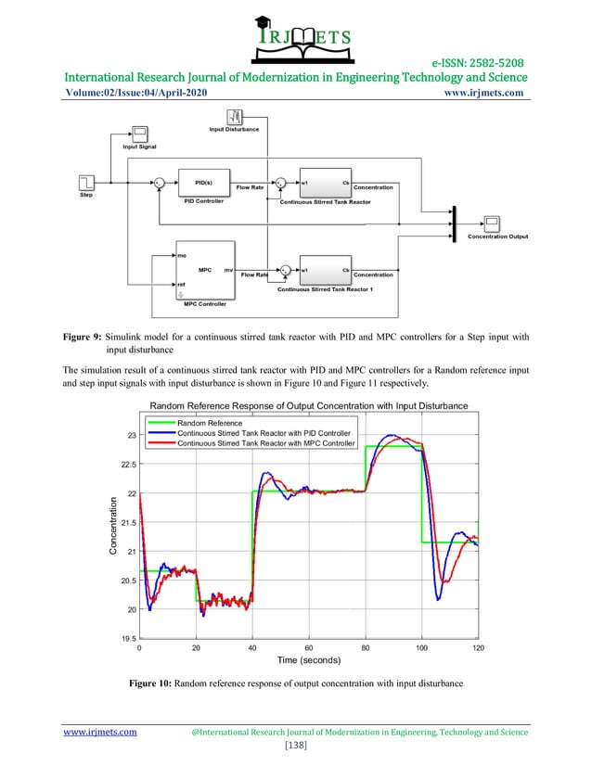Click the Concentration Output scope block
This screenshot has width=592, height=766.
492,223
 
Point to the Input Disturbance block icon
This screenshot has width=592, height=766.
236,117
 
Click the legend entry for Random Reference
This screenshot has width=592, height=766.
210,423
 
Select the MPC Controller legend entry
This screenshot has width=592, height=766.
264,443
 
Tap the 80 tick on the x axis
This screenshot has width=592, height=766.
366,648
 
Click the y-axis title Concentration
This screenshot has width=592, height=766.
113,526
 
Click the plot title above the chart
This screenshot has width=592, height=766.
308,405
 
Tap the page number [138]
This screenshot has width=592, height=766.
296,746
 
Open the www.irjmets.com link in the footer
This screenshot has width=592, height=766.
99,733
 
